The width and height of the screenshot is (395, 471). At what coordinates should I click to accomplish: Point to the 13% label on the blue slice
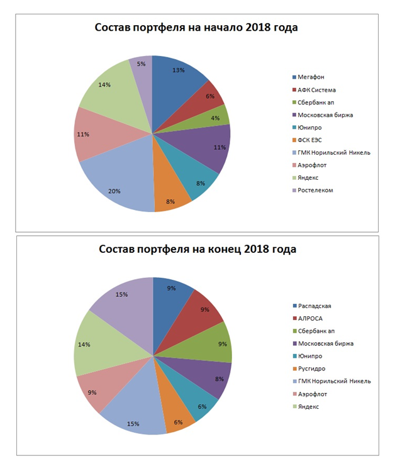[x=179, y=70]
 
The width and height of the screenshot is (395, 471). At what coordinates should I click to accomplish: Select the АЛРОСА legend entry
[x=310, y=319]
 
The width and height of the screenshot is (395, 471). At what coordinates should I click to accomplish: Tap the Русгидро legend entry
[x=311, y=368]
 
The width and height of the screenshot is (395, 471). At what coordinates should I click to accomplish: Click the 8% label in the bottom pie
[x=219, y=379]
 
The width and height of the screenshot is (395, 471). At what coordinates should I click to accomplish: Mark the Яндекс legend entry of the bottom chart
[x=308, y=406]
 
